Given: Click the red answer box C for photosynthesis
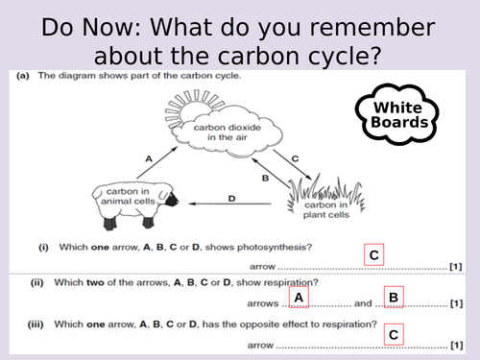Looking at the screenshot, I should [374, 255].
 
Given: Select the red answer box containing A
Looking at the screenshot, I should [299, 299].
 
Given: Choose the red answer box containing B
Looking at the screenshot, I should [393, 299].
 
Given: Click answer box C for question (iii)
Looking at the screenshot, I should [393, 335].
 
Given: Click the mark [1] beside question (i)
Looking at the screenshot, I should [457, 267].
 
